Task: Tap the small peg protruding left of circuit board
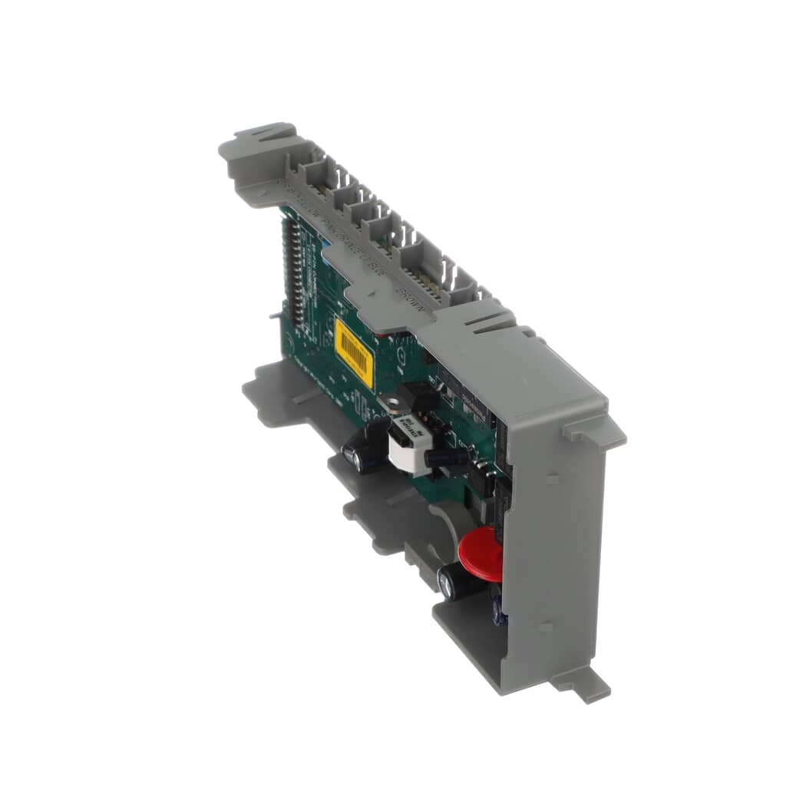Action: (x=274, y=315)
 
